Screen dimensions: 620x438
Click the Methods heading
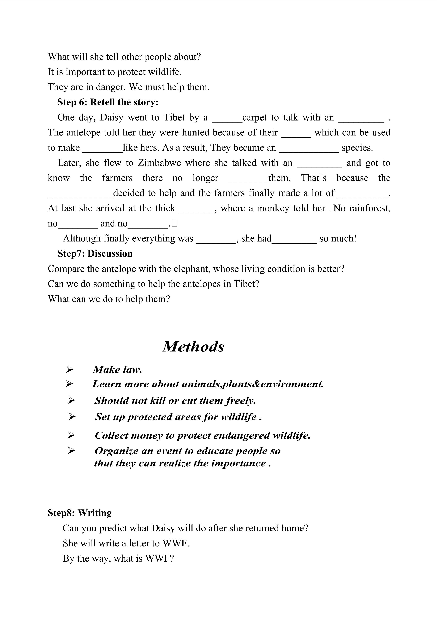193,347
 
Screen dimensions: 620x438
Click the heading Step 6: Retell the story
108,102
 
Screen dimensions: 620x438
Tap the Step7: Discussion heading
95,254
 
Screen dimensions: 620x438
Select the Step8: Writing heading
80,513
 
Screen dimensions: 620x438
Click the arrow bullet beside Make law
70,369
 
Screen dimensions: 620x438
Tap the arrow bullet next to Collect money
71,435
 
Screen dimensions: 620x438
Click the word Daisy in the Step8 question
163,528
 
